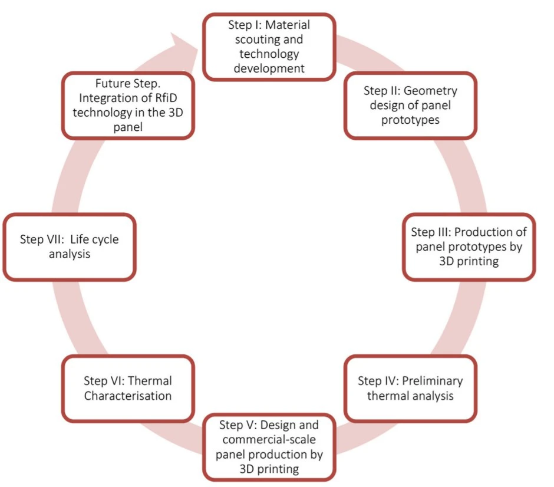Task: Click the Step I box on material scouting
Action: click(269, 47)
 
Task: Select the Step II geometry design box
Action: click(410, 105)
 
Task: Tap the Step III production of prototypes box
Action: click(469, 246)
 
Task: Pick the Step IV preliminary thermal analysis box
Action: click(410, 388)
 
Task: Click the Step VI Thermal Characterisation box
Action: click(128, 388)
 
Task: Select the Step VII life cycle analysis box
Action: click(70, 246)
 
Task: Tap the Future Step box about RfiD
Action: click(128, 105)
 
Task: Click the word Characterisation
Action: click(128, 396)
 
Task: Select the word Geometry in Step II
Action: click(436, 90)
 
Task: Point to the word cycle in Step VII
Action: click(101, 239)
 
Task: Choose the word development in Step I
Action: click(269, 68)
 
